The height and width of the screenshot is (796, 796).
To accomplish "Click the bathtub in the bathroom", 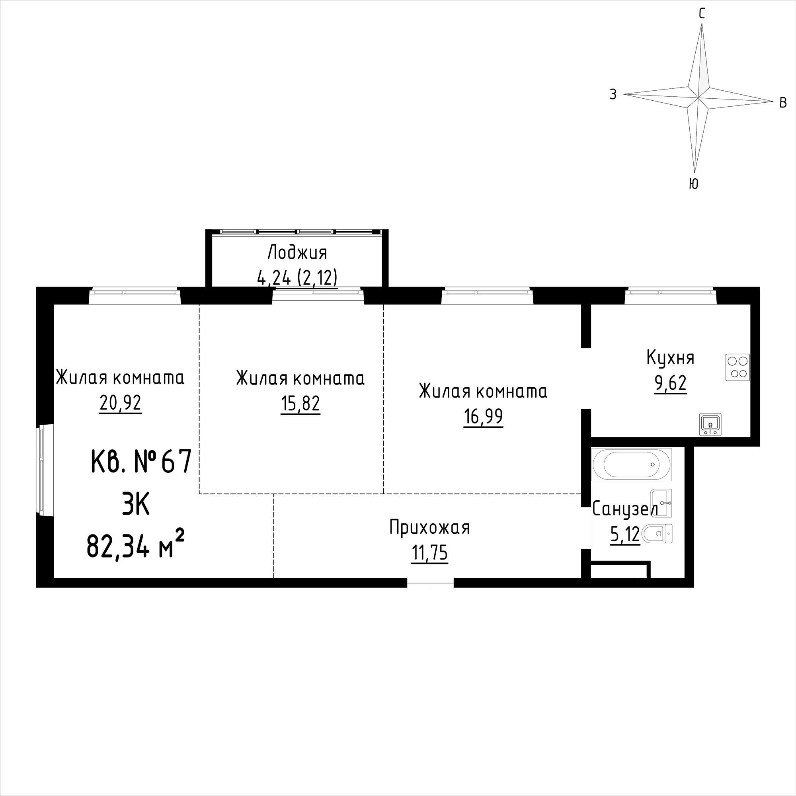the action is pos(632,464).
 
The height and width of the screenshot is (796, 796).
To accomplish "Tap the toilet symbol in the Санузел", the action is pos(657,534).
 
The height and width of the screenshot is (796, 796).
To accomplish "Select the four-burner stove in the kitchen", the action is pos(737,367).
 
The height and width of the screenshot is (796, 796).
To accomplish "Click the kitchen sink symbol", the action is pos(710,424).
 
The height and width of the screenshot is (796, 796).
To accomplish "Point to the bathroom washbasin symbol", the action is pos(661,503).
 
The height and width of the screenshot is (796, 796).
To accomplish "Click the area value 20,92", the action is pos(120,403).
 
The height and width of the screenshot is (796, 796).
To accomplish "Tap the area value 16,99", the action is pos(483,417).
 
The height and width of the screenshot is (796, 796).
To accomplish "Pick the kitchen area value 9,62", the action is pos(670,383).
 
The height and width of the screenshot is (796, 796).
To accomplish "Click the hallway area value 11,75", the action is pos(430,553).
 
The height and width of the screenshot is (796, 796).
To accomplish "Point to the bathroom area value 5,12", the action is pos(625,535).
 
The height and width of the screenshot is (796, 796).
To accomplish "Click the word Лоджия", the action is pos(297,253).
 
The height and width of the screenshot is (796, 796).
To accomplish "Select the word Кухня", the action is pos(671,358).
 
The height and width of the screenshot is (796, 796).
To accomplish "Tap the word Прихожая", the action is pos(430,528).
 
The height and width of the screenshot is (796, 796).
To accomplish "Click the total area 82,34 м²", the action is pos(135,548).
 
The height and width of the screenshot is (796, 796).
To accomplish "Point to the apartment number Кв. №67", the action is pos(141,461).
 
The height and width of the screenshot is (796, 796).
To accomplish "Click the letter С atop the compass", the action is pos(702,14).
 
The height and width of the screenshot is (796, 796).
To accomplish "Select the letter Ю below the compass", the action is pos(694,184).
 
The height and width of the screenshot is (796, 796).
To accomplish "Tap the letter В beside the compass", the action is pos(784,103).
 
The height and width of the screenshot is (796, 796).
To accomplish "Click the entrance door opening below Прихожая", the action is pos(431,582).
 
